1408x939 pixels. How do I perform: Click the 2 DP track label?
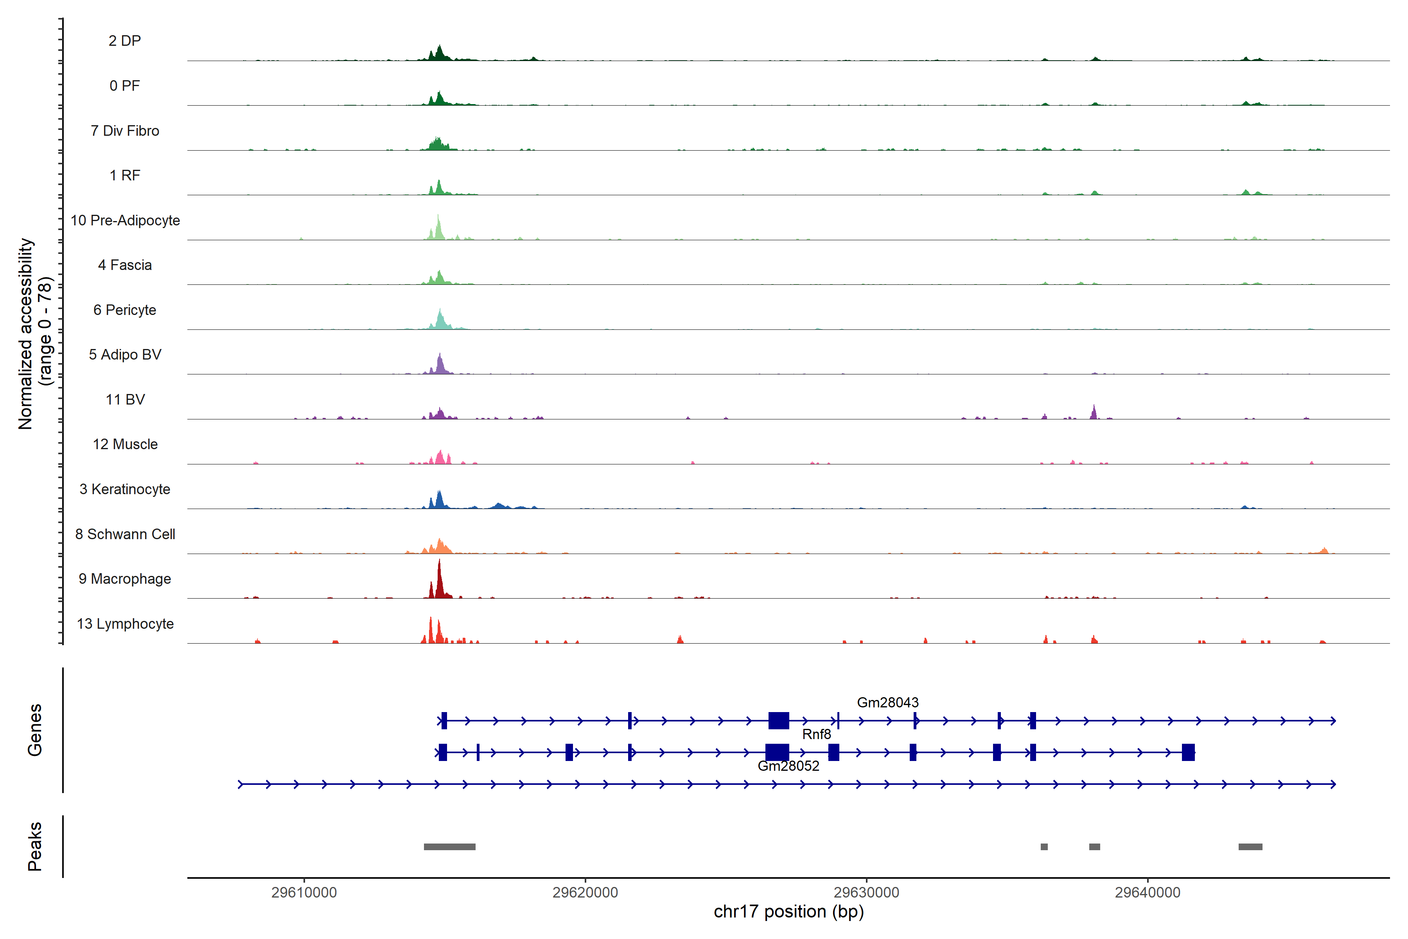tap(124, 41)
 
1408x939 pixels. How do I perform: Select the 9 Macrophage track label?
tap(124, 579)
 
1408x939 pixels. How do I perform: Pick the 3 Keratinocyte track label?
tap(124, 489)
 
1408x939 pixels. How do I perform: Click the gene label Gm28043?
tap(887, 702)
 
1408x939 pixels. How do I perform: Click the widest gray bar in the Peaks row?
tap(449, 847)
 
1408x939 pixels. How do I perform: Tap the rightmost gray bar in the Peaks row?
tap(1250, 847)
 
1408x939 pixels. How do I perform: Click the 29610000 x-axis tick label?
tap(304, 892)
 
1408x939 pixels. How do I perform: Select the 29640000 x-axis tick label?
tap(1148, 892)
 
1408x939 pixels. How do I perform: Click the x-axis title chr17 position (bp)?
tap(788, 912)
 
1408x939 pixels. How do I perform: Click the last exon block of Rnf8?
tap(1188, 752)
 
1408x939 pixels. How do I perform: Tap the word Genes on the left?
tap(35, 730)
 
